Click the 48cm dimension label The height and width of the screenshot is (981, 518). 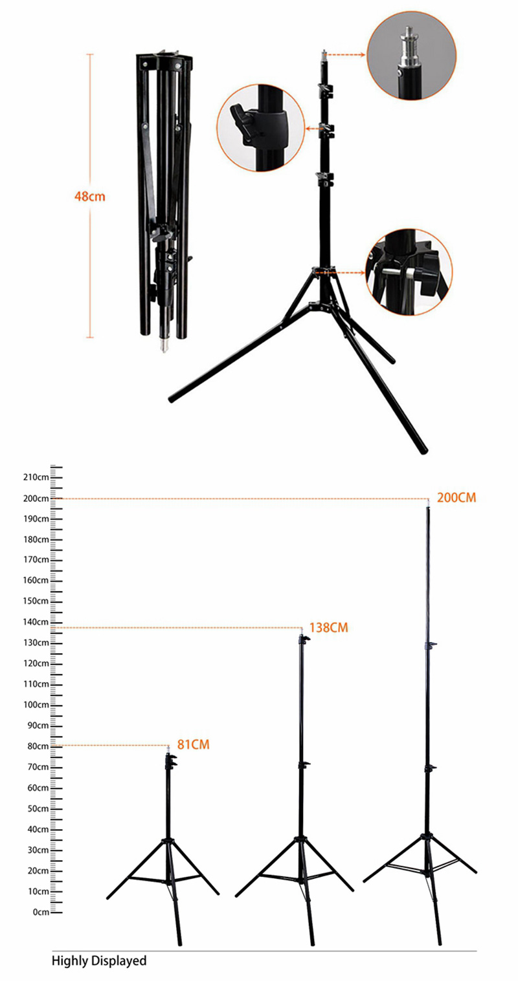90,196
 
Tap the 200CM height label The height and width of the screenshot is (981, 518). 456,498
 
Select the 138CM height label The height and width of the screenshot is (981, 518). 328,627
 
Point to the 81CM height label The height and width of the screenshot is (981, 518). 194,744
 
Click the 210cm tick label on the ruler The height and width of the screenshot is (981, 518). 36,477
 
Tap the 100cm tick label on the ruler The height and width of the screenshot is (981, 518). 36,705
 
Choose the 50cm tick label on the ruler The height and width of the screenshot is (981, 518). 38,808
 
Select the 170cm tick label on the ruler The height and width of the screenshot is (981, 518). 36,559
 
